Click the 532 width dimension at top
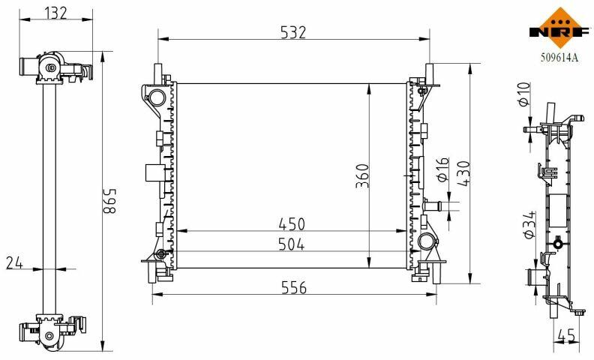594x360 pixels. tap(292, 32)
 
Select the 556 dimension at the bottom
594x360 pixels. tap(294, 288)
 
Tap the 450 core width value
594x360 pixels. tap(292, 224)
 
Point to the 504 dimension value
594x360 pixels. tap(291, 244)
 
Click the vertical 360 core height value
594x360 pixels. tap(362, 175)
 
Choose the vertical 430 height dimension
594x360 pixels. tap(463, 173)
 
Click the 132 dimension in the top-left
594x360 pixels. tap(55, 13)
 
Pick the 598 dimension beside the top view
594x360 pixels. tap(110, 201)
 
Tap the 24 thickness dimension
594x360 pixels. tap(14, 262)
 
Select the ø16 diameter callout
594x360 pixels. tap(442, 169)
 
